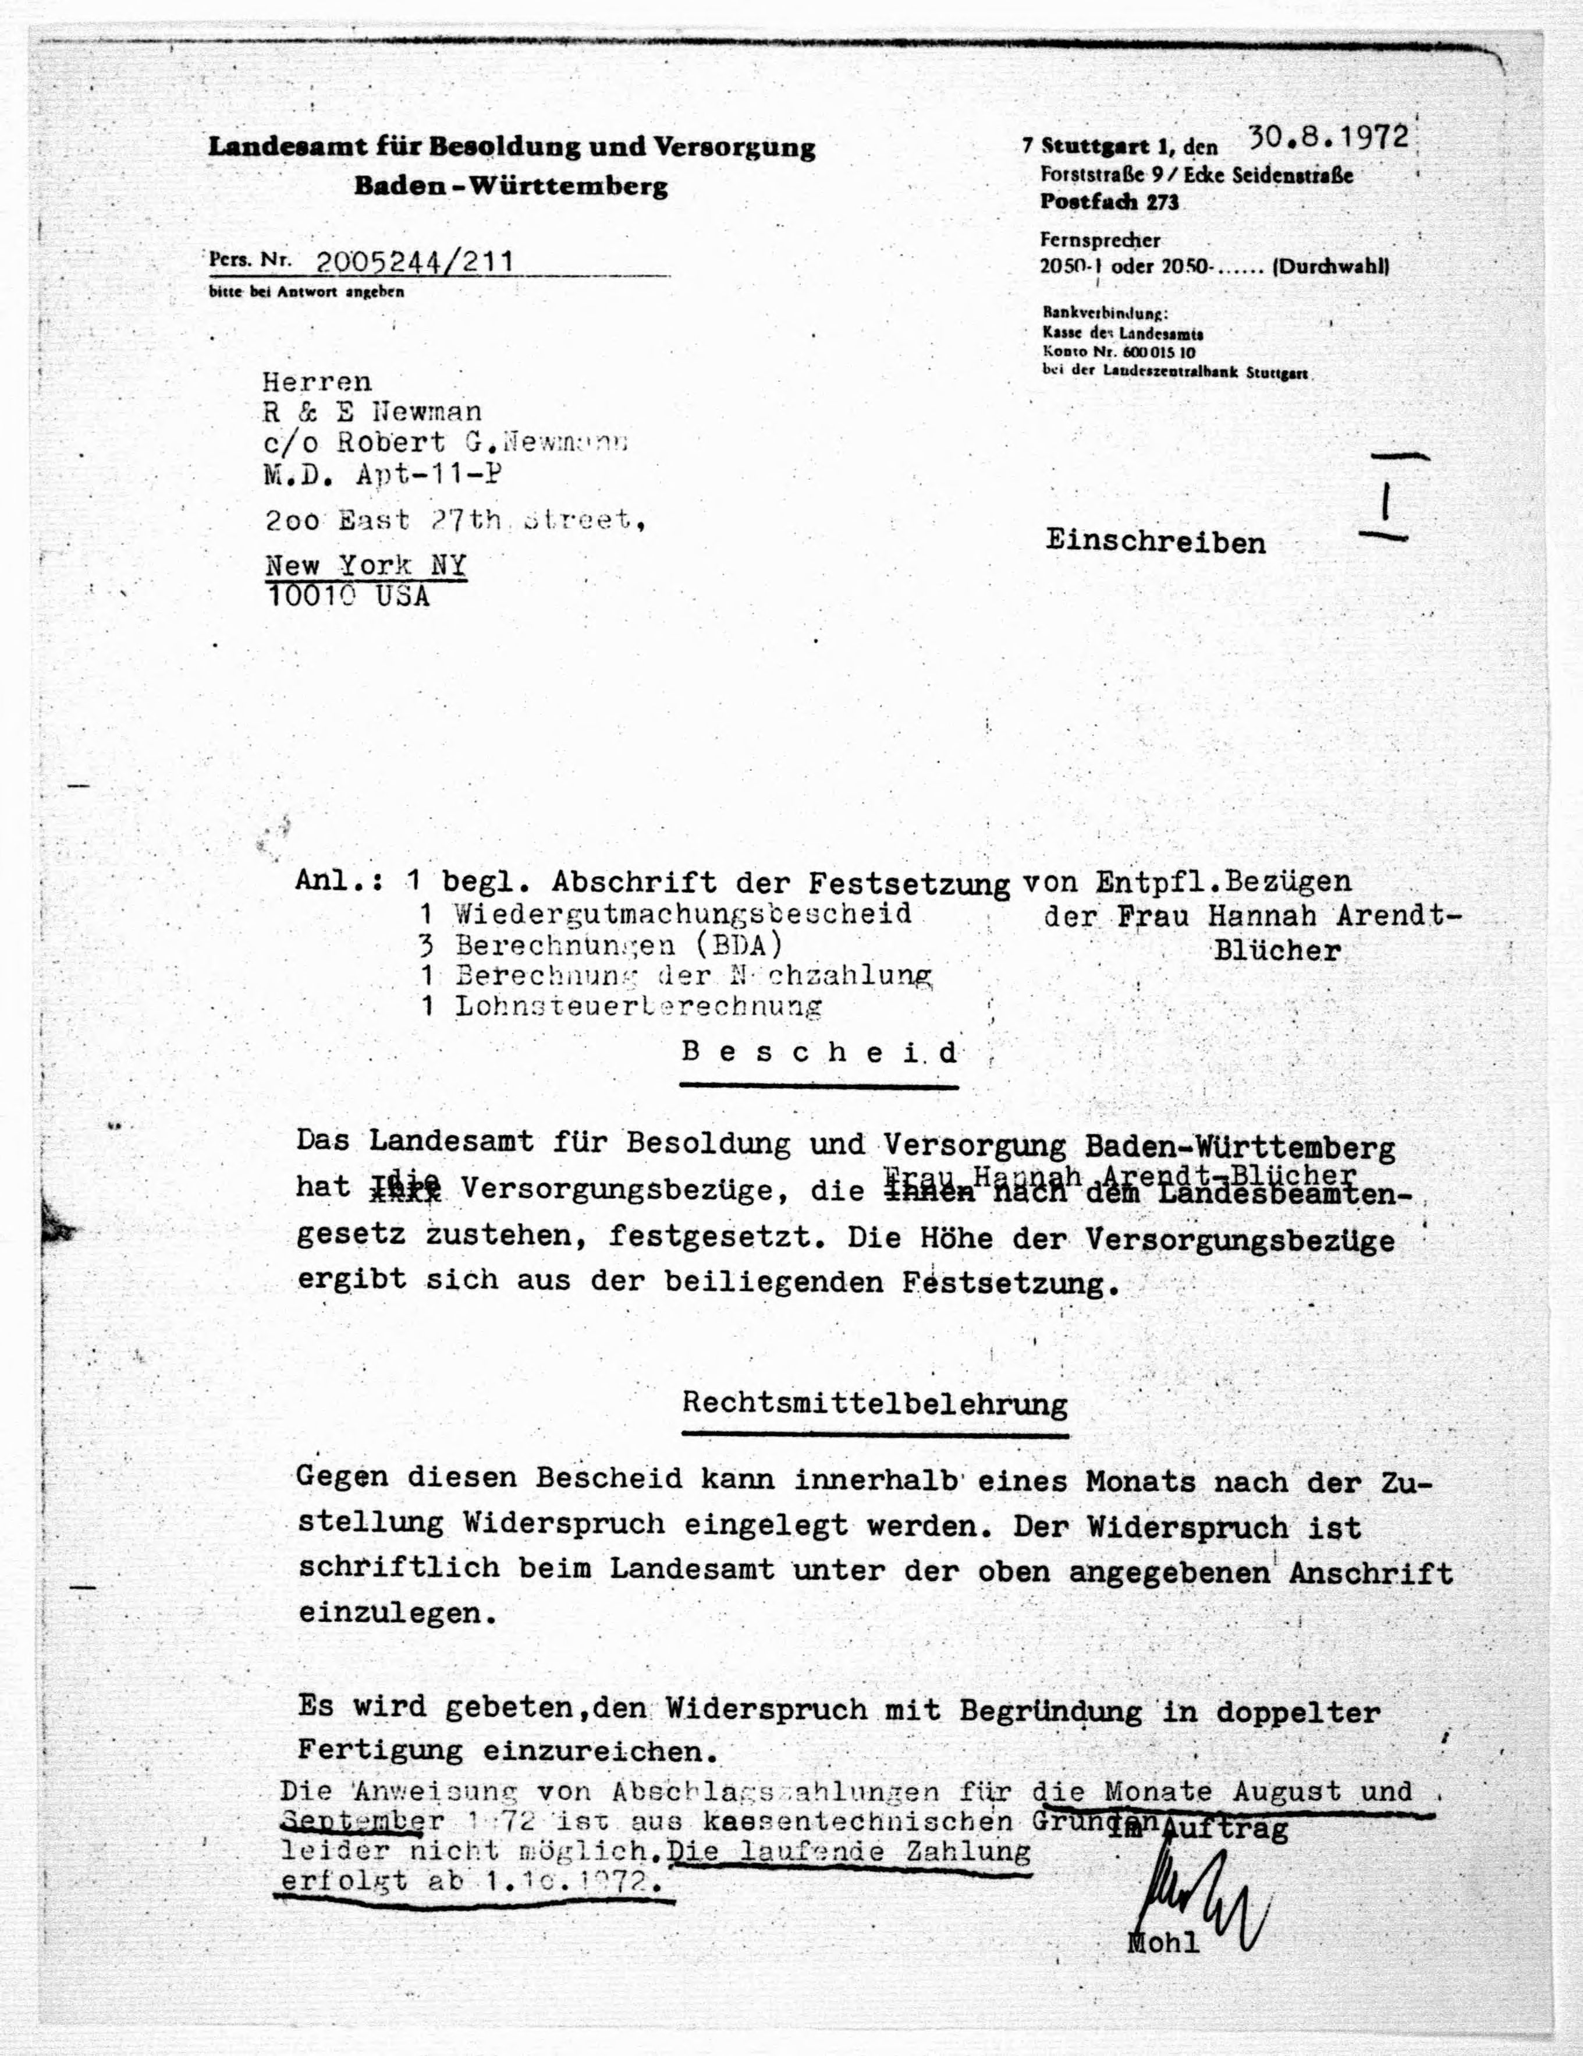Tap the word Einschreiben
pos(1156,543)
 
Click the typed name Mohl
pos(1163,1942)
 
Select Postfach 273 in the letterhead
pos(1109,201)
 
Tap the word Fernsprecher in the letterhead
pos(1099,240)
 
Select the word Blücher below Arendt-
pos(1276,951)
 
